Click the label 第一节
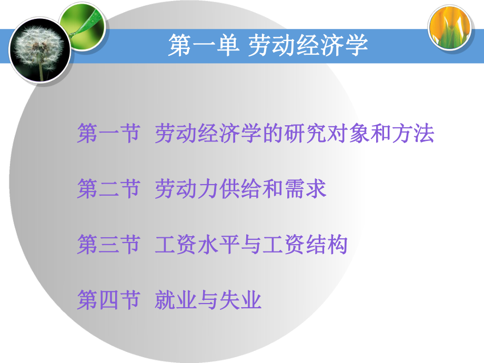(108, 134)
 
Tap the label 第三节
(108, 245)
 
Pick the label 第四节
(108, 301)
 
